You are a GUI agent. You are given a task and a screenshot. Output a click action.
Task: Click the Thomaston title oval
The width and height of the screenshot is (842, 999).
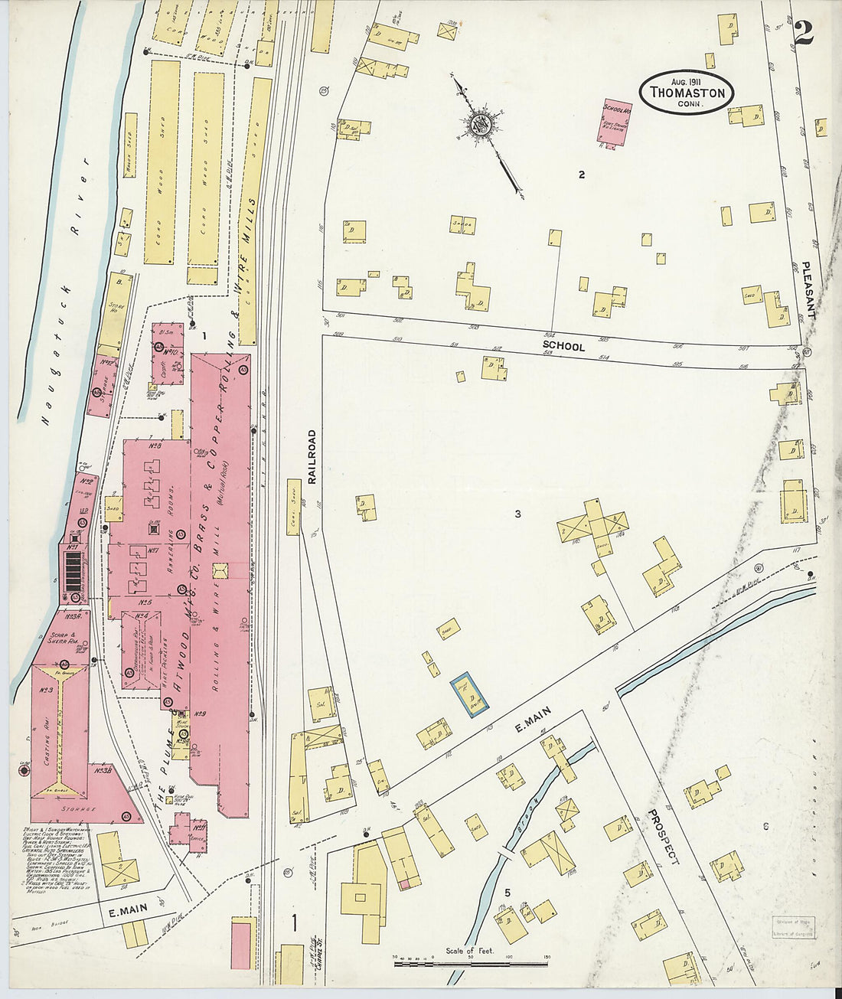687,92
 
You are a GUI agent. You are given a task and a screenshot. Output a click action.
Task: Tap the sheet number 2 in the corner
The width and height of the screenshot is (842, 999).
803,33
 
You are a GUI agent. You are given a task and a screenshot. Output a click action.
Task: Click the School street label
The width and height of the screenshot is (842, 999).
563,347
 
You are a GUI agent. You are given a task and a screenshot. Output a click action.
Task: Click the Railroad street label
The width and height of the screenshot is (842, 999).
312,456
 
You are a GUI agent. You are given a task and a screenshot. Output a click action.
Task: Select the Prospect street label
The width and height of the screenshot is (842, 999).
663,836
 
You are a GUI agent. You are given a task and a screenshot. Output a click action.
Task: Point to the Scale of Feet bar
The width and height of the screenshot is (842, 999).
470,962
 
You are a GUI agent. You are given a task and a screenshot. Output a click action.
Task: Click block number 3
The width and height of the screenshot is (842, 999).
517,514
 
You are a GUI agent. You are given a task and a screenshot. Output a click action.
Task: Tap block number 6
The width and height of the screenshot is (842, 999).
765,826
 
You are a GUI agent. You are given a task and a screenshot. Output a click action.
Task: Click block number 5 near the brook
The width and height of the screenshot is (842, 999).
507,893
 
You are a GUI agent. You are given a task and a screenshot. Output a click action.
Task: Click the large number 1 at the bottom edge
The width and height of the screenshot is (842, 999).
295,925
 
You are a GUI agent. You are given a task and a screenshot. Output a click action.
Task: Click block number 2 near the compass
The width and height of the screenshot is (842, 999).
582,175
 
